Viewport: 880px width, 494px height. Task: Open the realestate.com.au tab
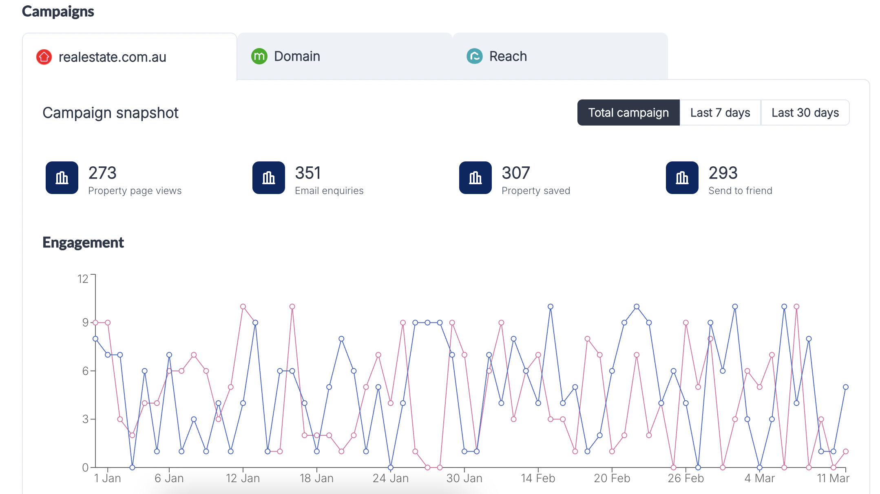[x=130, y=57]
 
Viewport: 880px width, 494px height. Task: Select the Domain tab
[x=345, y=56]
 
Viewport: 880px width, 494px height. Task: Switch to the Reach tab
[x=560, y=56]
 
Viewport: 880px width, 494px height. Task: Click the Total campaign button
[x=628, y=112]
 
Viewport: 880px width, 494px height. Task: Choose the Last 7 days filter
[x=720, y=112]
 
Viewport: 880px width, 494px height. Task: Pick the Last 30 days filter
[x=805, y=112]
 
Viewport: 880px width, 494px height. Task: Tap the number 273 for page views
[x=102, y=173]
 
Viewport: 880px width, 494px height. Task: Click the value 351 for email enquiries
[x=308, y=173]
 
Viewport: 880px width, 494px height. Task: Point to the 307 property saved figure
[x=516, y=173]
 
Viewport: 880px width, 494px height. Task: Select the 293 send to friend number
[x=723, y=173]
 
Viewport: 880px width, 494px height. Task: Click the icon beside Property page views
[x=62, y=178]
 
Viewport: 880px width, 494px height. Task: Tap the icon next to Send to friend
[x=682, y=178]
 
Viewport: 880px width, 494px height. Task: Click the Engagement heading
[x=83, y=243]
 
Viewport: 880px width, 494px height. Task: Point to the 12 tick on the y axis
[x=83, y=279]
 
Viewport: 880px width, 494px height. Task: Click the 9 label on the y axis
[x=85, y=322]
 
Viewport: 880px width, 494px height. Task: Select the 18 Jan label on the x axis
[x=316, y=478]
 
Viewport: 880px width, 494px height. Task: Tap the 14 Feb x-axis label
[x=538, y=478]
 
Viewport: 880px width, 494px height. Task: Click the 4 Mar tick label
[x=759, y=478]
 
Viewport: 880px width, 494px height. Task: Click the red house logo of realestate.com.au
[x=44, y=57]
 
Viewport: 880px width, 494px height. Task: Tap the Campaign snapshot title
[x=111, y=113]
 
